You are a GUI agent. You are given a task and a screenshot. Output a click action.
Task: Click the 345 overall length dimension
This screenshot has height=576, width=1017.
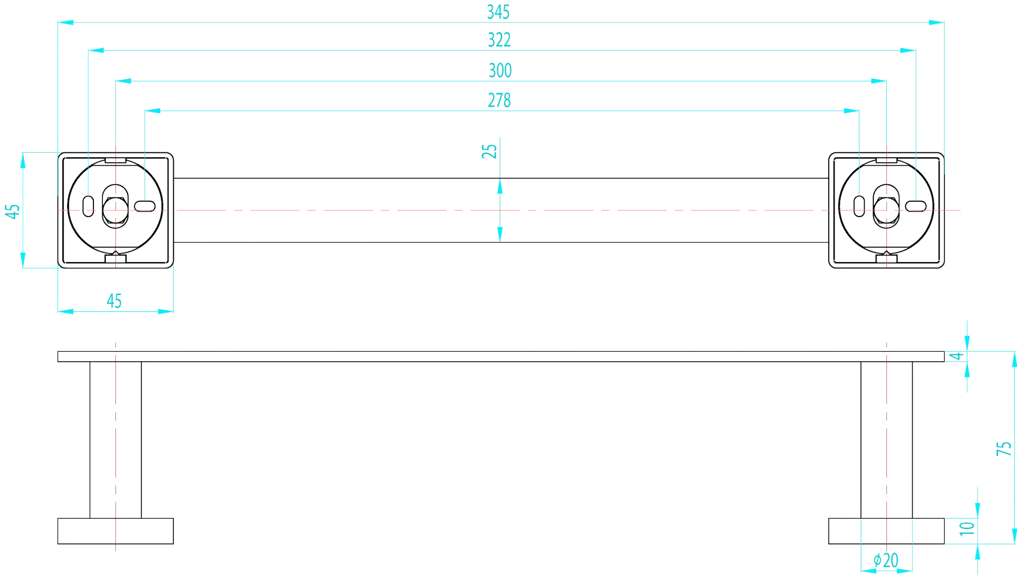[x=498, y=12]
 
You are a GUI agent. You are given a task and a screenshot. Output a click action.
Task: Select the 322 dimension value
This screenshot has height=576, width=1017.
[x=499, y=40]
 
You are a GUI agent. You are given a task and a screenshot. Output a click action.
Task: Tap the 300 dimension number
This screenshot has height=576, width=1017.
[x=500, y=70]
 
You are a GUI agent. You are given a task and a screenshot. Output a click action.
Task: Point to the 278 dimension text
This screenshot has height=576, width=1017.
[x=499, y=100]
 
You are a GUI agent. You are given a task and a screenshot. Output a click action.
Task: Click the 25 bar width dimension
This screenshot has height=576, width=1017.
[x=490, y=151]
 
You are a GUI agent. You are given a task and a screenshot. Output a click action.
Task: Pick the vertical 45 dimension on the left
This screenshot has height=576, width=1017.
[x=12, y=211]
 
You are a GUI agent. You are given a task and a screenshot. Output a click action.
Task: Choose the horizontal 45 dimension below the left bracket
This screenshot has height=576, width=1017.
[x=114, y=301]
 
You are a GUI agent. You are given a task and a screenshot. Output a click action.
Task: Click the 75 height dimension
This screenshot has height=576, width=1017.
[x=1004, y=448]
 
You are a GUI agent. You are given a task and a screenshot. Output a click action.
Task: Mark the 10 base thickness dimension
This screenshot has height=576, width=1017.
[x=967, y=528]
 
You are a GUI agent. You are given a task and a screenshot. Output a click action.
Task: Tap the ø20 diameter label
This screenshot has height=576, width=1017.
[x=886, y=560]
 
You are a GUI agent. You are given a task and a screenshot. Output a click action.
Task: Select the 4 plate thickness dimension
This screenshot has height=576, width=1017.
[x=957, y=356]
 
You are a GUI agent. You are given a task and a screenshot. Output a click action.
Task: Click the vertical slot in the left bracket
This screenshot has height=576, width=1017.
[x=88, y=206]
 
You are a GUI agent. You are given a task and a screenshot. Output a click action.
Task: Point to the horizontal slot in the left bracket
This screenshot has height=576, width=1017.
[x=145, y=206]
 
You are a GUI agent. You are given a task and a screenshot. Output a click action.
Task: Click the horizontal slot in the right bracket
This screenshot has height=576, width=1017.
[x=916, y=206]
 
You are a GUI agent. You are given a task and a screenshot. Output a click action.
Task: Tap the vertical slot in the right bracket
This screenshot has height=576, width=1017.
[x=859, y=206]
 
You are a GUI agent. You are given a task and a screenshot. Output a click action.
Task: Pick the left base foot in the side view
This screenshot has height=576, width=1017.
[x=115, y=531]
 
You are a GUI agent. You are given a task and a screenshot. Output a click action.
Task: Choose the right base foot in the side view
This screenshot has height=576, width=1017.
[x=886, y=531]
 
